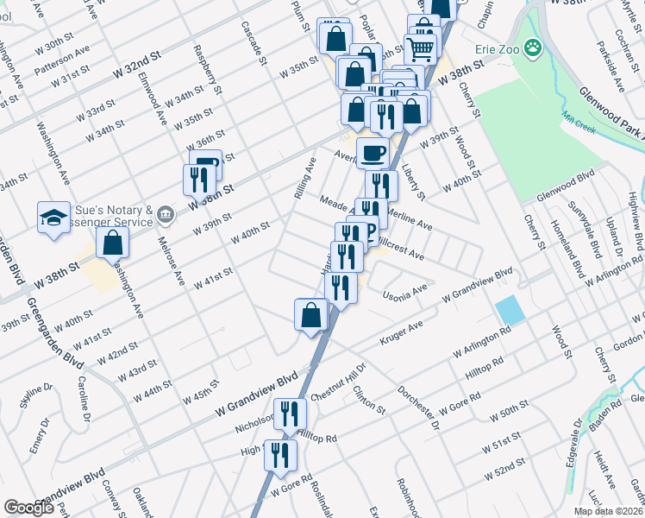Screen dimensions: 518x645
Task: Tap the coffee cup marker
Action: point(373,153)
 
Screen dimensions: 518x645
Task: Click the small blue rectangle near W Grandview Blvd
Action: point(510,310)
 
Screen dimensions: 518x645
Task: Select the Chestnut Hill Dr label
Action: point(339,381)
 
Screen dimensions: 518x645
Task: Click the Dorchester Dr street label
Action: point(420,407)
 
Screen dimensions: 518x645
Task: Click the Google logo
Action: point(29,508)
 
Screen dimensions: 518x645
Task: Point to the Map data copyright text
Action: point(608,511)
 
